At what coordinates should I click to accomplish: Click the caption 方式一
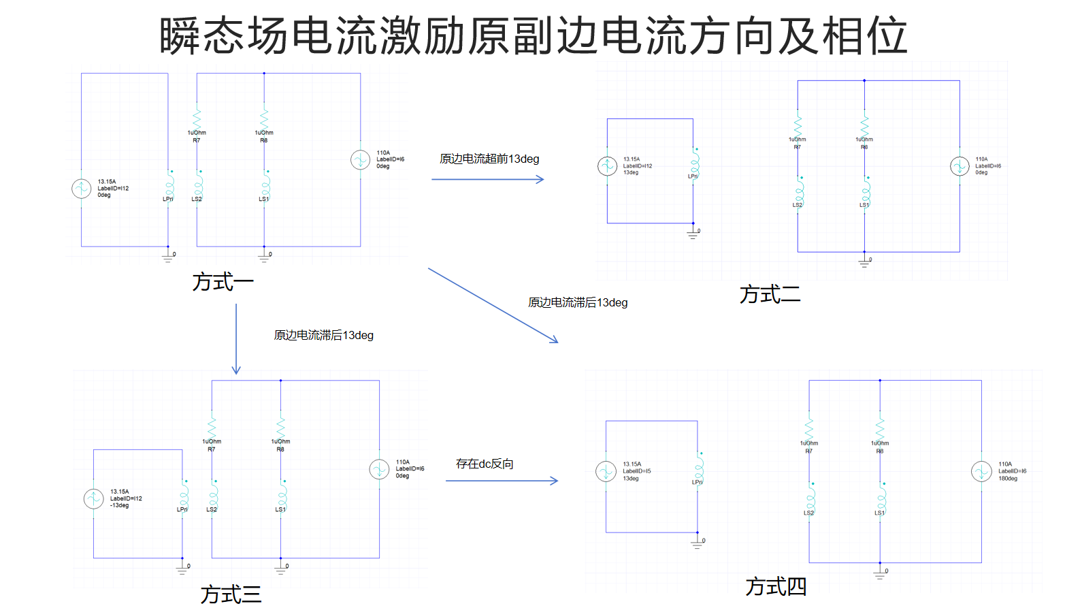[223, 281]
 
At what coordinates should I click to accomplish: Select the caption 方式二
[770, 294]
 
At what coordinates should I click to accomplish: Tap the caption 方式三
[231, 594]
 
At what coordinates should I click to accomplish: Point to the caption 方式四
[776, 586]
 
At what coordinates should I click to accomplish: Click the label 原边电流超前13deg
[489, 159]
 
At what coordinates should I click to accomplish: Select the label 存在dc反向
[485, 464]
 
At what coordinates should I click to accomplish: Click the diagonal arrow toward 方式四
[493, 305]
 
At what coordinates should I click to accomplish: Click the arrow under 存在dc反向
[502, 481]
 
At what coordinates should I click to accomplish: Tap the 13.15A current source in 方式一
[82, 189]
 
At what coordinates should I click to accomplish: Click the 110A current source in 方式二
[960, 166]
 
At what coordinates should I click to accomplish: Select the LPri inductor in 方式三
[184, 494]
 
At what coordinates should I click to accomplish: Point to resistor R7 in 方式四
[809, 429]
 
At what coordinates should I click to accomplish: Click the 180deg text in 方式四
[1008, 479]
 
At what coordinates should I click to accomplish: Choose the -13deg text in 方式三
[119, 506]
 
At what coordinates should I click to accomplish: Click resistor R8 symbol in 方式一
[264, 117]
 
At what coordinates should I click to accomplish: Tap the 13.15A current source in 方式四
[606, 471]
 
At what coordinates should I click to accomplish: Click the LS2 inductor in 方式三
[214, 494]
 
